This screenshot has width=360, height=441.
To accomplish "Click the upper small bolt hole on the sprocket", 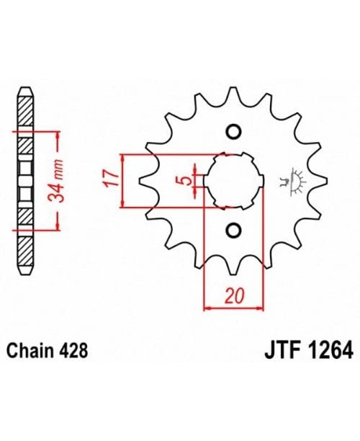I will (x=232, y=132).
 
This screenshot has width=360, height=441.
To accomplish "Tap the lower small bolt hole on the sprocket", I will (x=232, y=230).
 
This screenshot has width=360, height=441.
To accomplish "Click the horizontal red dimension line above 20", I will (x=232, y=308).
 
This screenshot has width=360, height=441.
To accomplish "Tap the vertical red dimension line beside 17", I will (x=125, y=180).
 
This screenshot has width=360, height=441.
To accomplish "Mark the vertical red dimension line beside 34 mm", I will (x=50, y=180).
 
